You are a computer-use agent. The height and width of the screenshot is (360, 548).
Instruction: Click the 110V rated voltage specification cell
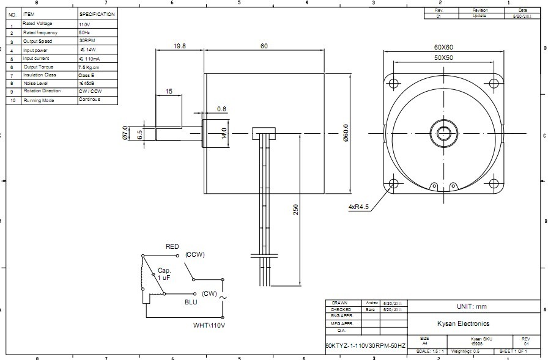[84, 24]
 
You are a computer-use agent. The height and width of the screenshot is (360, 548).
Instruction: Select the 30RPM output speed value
[86, 41]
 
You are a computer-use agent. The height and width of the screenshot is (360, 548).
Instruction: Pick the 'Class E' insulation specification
[87, 75]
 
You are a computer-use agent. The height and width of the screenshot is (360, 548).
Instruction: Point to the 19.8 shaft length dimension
[179, 46]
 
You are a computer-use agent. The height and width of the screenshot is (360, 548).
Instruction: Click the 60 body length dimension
[264, 46]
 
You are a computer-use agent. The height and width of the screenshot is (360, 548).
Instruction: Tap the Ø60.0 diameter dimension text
[346, 133]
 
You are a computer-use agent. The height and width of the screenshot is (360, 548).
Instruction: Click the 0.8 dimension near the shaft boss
[221, 110]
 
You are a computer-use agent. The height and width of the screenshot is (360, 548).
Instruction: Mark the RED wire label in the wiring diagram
[172, 247]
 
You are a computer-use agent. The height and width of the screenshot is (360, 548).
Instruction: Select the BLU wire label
[191, 302]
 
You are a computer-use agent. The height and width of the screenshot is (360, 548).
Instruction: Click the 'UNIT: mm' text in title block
[471, 306]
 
